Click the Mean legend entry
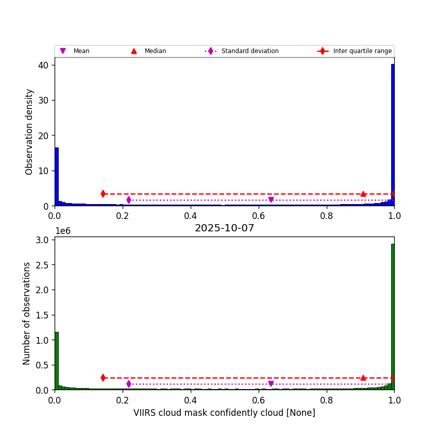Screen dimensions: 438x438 (x=81, y=51)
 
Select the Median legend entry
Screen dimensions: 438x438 (x=155, y=51)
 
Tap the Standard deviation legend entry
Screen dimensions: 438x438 (x=249, y=51)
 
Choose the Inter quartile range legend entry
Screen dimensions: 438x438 (x=362, y=51)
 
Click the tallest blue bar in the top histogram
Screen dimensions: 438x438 (x=393, y=134)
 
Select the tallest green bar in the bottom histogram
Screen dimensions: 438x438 (x=393, y=317)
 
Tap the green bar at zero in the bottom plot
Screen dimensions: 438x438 (x=57, y=361)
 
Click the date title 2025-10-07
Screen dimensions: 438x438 (x=224, y=228)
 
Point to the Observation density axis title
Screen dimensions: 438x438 (x=29, y=131)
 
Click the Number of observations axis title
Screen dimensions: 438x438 (x=27, y=313)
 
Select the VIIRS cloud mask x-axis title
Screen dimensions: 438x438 (x=224, y=413)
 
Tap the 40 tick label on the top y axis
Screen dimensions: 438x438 (x=43, y=65)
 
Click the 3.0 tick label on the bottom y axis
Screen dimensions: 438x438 (x=43, y=240)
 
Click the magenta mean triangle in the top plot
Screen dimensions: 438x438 (x=271, y=200)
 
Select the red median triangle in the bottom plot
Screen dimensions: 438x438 (x=363, y=378)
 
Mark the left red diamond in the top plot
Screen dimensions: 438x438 (x=103, y=194)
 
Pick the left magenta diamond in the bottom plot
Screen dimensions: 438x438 (x=129, y=384)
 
